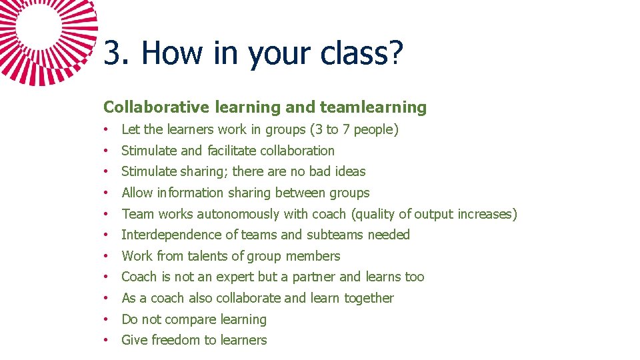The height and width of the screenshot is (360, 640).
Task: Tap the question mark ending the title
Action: pos(395,53)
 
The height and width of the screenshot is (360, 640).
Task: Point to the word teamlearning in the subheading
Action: pos(373,107)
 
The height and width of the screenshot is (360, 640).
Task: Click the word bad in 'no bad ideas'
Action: pos(320,171)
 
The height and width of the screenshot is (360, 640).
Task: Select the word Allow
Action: pos(137,193)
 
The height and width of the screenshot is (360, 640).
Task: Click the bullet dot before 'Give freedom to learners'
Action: pos(107,340)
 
